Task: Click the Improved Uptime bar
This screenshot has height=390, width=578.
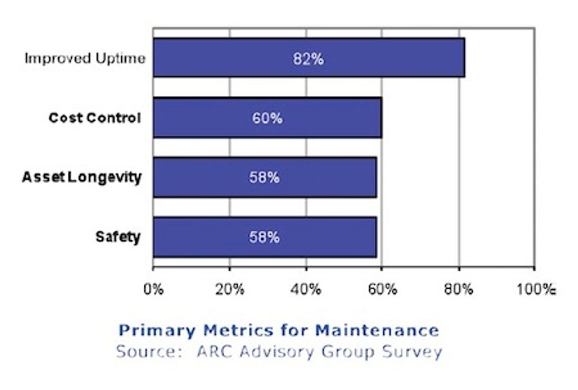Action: (224, 58)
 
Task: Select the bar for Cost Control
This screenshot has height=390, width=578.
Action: (201, 118)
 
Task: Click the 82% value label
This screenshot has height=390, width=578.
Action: (308, 59)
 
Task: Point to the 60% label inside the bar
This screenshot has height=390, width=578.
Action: (267, 118)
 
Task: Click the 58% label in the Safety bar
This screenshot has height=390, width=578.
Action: (264, 237)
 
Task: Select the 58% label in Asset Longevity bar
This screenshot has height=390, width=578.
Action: (264, 177)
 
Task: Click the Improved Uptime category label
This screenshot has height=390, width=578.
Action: (84, 59)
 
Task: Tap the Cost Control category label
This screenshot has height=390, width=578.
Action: (94, 118)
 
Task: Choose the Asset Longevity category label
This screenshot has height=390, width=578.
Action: (81, 177)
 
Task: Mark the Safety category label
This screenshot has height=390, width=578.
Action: (118, 237)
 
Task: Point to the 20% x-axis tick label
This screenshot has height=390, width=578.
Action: (229, 289)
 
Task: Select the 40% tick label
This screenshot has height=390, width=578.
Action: (306, 289)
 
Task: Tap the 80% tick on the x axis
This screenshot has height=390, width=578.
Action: (458, 289)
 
